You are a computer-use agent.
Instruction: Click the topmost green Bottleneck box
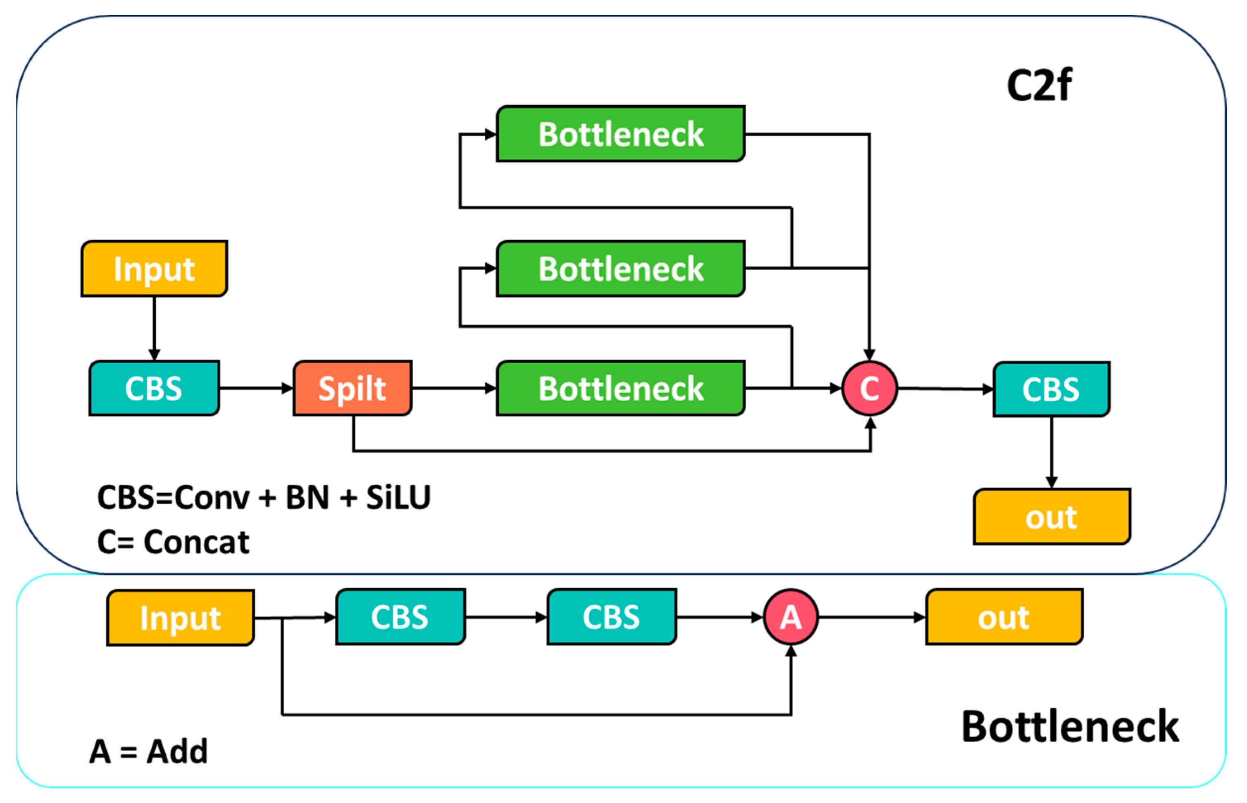coord(620,134)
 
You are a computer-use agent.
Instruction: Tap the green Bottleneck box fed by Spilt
coord(620,388)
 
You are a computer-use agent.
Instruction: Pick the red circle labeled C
coord(869,388)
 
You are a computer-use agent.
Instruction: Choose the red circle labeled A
coord(790,617)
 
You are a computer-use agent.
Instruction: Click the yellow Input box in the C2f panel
coord(154,268)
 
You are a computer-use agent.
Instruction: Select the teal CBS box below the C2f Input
coord(154,388)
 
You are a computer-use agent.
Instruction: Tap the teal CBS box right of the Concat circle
coord(1051,389)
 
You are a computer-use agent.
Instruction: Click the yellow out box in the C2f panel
coord(1051,517)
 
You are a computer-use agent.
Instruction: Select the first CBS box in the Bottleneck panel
coord(400,617)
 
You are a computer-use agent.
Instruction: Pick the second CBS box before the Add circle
coord(612,617)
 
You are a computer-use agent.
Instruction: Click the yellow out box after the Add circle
coord(1004,617)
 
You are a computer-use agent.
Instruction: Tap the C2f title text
coord(1039,85)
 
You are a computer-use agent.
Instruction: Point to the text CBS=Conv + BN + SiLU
coord(264,497)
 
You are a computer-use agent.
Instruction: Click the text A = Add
coord(149,751)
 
